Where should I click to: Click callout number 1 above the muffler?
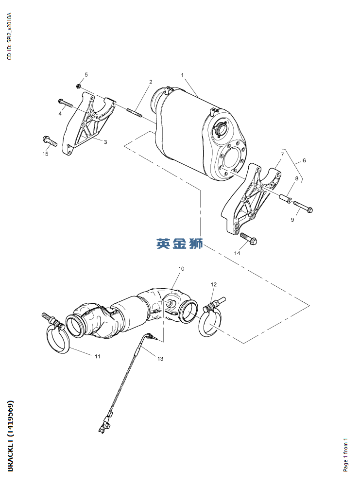pos(183,75)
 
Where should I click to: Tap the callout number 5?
pos(86,74)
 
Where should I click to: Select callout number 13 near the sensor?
pos(160,359)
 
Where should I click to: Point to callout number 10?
pos(181,269)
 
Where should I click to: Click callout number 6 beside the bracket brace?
pos(304,160)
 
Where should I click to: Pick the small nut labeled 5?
pos(79,86)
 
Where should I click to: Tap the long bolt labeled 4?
pos(66,103)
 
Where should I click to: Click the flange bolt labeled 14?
pos(249,238)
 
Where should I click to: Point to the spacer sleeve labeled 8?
pos(286,199)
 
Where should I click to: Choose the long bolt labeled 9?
pos(303,207)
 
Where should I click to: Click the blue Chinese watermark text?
pos(180,243)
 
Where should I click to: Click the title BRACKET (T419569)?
pos(10,436)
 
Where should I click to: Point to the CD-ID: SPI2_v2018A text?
pos(9,36)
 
